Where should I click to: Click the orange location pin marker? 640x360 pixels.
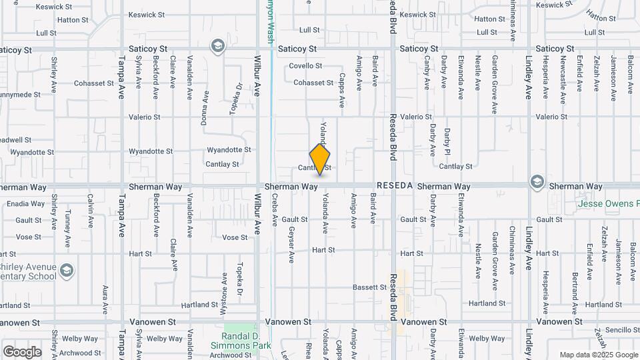320,159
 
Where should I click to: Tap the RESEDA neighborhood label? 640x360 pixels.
395,185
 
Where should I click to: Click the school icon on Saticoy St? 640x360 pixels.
217,47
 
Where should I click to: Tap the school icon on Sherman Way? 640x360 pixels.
537,182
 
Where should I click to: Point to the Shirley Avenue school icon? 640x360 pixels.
66,271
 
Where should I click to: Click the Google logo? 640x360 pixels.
22,352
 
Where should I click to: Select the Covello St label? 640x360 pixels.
305,66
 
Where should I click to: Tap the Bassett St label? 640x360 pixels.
370,287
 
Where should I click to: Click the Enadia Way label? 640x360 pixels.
26,204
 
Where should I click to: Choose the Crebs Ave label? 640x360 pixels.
275,210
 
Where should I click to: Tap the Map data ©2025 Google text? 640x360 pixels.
597,355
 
